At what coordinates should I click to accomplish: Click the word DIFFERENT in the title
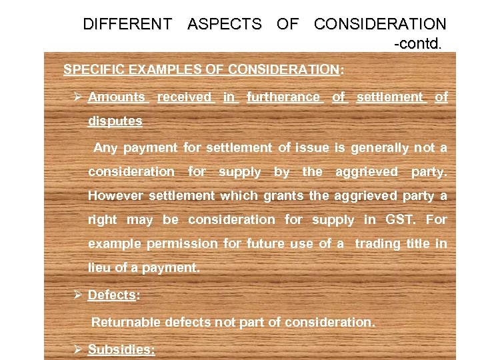tap(127, 25)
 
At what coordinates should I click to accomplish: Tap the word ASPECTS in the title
tap(225, 25)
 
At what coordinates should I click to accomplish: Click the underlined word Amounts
tap(117, 97)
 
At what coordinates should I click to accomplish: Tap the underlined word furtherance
tap(283, 97)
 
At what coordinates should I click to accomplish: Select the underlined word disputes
tap(115, 121)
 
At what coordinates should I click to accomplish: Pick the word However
tap(116, 196)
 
